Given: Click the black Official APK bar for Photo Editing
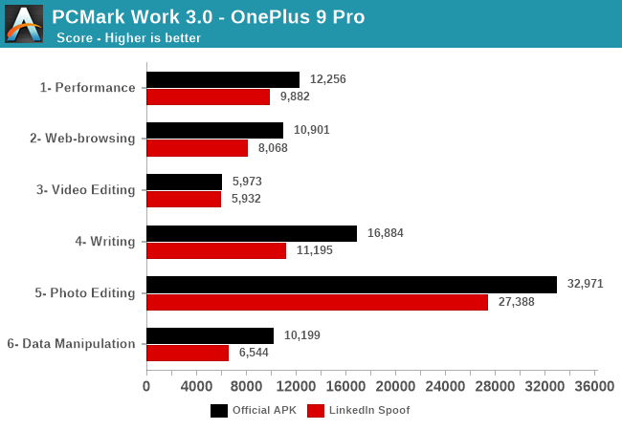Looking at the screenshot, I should pos(351,285).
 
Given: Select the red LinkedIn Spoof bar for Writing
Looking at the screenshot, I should pos(216,250).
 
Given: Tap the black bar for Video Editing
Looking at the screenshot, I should pos(184,182).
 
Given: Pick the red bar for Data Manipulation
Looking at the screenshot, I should pos(188,353).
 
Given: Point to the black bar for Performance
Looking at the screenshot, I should pos(223,79).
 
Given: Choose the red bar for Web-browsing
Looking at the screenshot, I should pos(197,148).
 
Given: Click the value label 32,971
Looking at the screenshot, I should pos(584,285).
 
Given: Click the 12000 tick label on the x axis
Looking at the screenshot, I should pos(296,386).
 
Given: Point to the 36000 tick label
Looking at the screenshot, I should pos(595,386).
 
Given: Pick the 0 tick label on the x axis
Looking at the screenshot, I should pos(146,386).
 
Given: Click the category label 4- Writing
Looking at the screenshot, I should pos(105,241).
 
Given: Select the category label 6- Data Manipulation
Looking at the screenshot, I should pos(71,343).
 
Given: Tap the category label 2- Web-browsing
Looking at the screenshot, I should pos(82,138).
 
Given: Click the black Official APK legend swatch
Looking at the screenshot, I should pos(219,411).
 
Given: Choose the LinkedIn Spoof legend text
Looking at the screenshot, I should pos(369,411).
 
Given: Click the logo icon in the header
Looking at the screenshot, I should pos(24,24).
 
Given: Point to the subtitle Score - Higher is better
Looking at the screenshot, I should pos(128,38).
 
